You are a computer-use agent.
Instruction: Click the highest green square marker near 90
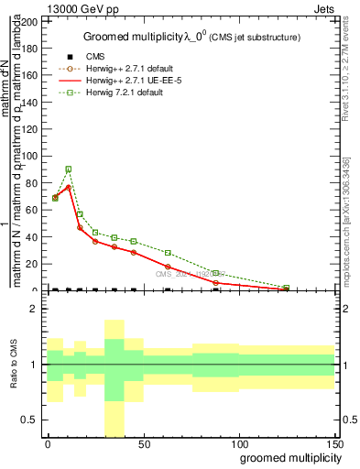coord(68,169)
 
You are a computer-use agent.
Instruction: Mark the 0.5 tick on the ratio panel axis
coord(30,420)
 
